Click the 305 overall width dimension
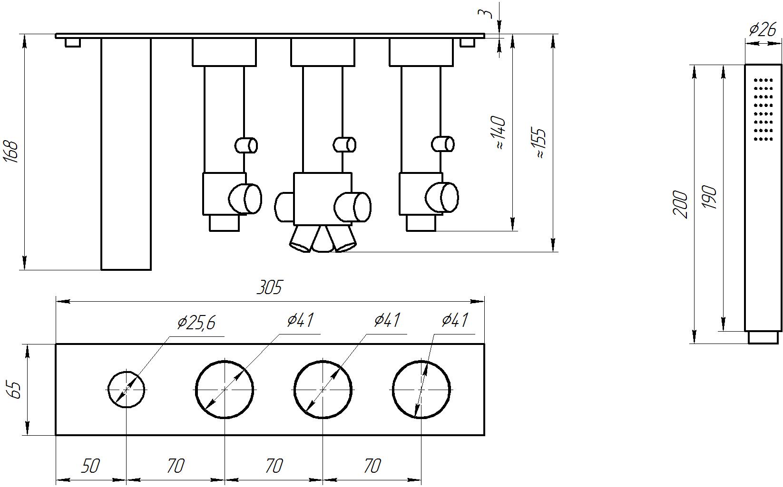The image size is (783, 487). click(x=269, y=287)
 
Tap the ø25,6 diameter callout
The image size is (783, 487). click(x=196, y=323)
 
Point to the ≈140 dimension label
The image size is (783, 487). click(x=500, y=133)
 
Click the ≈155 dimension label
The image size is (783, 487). click(x=540, y=143)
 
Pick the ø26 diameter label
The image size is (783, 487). click(x=763, y=29)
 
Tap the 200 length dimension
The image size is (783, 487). click(x=680, y=205)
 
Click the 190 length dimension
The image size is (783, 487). click(x=709, y=197)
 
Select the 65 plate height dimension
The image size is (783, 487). click(x=15, y=390)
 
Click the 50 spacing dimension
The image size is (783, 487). click(x=90, y=466)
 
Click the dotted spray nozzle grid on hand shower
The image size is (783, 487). click(x=763, y=110)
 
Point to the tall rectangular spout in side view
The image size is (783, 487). click(x=126, y=154)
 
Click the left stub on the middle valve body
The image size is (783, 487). click(x=284, y=207)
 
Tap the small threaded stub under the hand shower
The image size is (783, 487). click(x=763, y=337)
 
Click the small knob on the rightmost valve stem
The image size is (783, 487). click(x=442, y=144)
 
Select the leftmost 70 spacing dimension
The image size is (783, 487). click(x=176, y=466)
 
